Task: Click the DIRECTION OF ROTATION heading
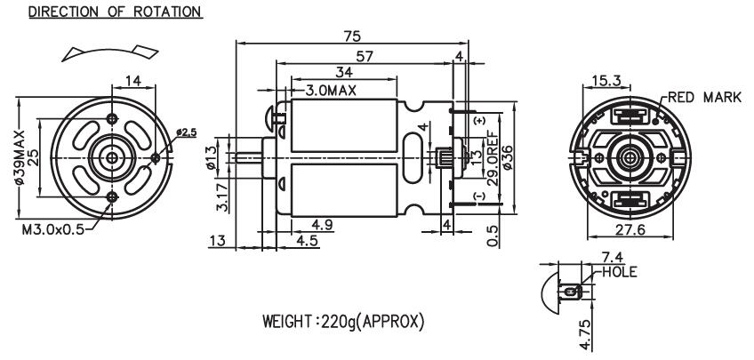pyautogui.click(x=115, y=12)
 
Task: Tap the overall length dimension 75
pyautogui.click(x=352, y=36)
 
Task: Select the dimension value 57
pyautogui.click(x=365, y=56)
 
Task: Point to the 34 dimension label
pyautogui.click(x=344, y=72)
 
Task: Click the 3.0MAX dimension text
pyautogui.click(x=332, y=91)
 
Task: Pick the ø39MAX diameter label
pyautogui.click(x=20, y=157)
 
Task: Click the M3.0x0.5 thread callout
pyautogui.click(x=52, y=229)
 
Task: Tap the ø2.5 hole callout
pyautogui.click(x=186, y=132)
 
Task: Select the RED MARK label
pyautogui.click(x=705, y=97)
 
